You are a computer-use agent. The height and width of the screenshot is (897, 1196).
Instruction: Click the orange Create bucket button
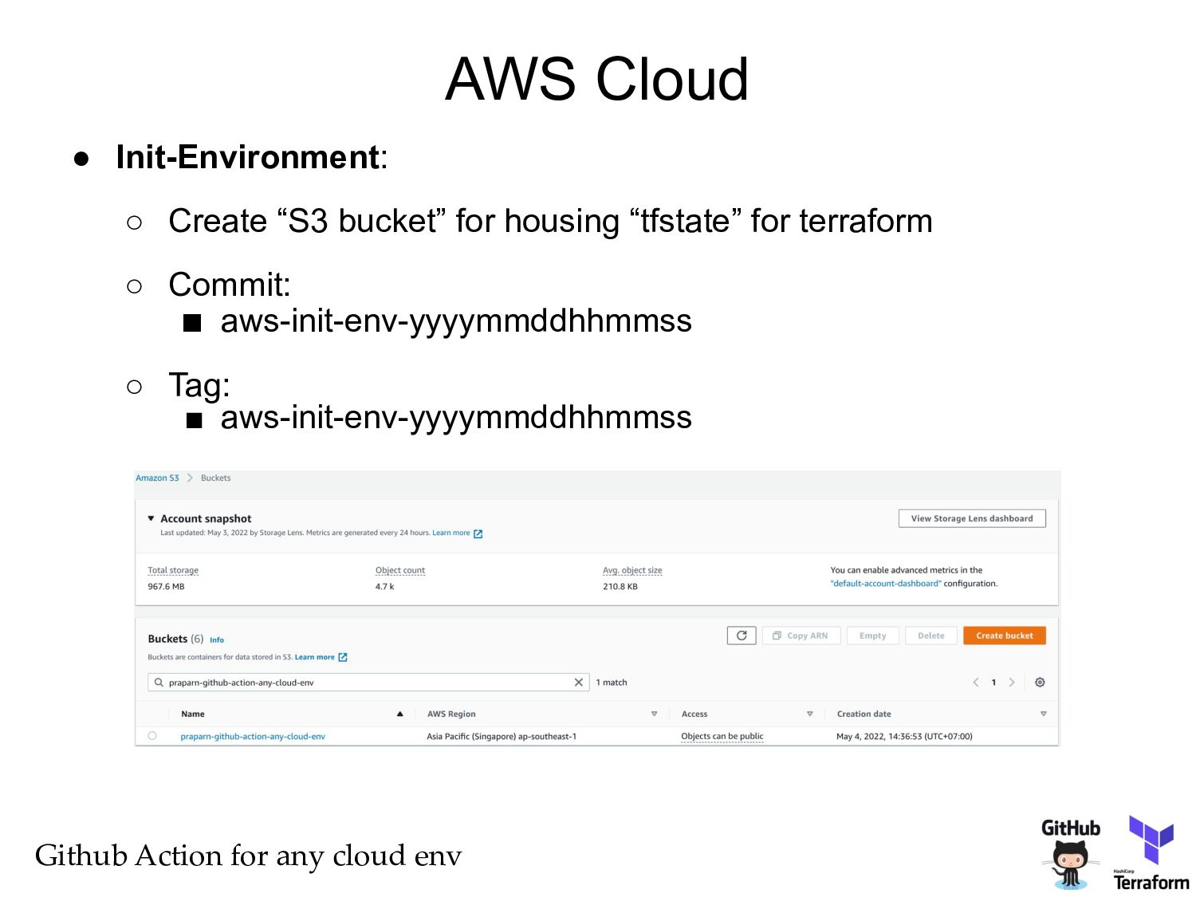pos(1004,635)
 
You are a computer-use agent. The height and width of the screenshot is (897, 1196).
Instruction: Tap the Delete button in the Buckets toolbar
pos(930,635)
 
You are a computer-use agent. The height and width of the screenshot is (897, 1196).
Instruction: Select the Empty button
pos(872,635)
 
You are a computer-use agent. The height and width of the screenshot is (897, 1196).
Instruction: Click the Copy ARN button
pos(801,635)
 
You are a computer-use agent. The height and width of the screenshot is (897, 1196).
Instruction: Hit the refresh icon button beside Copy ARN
pos(742,635)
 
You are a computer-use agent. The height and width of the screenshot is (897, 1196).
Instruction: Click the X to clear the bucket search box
pos(579,683)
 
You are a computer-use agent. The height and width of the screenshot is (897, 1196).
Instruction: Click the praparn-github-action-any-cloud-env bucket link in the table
pos(253,736)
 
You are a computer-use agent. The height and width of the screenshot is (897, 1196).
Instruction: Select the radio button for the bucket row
pos(152,736)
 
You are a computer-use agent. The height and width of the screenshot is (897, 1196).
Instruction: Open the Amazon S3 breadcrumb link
pos(157,478)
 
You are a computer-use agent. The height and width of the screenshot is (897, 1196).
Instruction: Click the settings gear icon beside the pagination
pos(1040,683)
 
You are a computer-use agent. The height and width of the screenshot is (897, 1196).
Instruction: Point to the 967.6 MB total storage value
pos(166,586)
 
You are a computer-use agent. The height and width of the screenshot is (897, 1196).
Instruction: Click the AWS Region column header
pos(451,714)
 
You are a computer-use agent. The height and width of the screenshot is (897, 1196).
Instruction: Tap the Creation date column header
pos(864,714)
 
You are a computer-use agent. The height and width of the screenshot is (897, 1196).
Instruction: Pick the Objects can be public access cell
pos(722,736)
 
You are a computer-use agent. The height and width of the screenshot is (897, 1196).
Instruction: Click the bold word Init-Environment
pos(248,157)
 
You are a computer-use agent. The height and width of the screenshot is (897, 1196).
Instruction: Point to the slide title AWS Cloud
pos(597,79)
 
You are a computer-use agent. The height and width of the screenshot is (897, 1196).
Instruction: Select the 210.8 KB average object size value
pos(620,586)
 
